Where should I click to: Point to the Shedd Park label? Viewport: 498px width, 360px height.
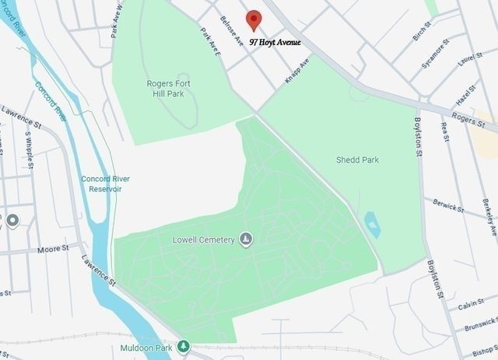tap(357, 160)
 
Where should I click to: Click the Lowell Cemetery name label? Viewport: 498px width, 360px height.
tap(203, 239)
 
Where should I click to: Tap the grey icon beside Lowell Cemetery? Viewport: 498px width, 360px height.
tap(246, 239)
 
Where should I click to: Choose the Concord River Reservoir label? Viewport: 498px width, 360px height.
tap(105, 183)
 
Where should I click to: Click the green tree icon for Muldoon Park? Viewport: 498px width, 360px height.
tap(184, 346)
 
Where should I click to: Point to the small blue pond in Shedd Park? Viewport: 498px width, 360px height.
tap(373, 224)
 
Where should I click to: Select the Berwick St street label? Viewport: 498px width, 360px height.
tap(449, 207)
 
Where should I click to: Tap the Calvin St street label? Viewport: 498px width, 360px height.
tap(472, 306)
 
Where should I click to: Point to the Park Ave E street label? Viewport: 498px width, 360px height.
tap(210, 41)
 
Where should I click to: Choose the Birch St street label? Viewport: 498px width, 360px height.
tap(422, 32)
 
